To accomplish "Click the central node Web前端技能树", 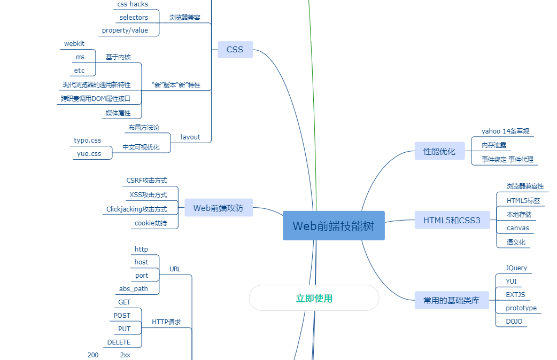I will (334, 226).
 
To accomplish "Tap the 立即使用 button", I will (314, 298).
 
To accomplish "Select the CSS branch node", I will (235, 50).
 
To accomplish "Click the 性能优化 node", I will (439, 151).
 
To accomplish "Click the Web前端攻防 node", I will (218, 208).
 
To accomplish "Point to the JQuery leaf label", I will (516, 268).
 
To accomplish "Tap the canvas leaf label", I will (517, 228).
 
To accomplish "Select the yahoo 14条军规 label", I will (505, 131).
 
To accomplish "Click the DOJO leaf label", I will (514, 322).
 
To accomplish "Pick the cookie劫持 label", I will (150, 223).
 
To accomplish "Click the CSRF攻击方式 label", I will (146, 181).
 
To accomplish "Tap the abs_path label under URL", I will (133, 289).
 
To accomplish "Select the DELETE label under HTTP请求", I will (119, 342).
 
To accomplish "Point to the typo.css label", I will (87, 140).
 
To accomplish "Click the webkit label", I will (74, 44).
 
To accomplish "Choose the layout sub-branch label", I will (190, 137).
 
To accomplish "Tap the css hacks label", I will (133, 4).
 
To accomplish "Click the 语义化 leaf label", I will (516, 242).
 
